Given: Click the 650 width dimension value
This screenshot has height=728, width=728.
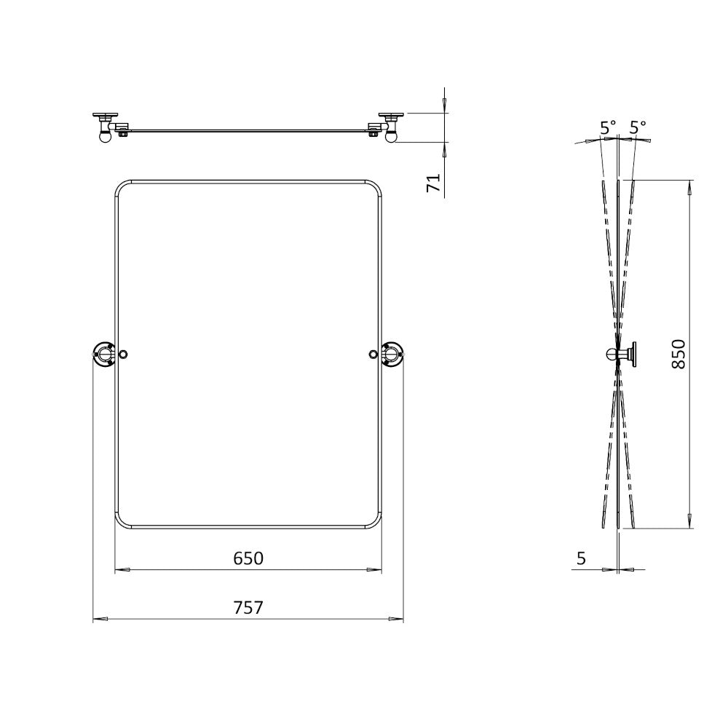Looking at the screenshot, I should coord(248,558).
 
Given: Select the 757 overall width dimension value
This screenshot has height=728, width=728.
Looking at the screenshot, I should coord(248,607).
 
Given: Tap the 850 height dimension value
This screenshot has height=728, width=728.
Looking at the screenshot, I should coord(678,354).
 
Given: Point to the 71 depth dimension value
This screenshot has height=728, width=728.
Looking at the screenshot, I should coord(434,183).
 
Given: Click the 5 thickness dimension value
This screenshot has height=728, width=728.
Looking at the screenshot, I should coord(581,558).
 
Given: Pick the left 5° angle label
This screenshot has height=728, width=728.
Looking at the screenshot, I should coord(608,127).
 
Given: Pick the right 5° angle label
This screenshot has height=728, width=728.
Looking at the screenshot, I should coord(638,127).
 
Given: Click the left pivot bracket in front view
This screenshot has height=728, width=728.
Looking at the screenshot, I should coord(104,355).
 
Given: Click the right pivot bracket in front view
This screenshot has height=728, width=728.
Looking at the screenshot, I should coord(392,355).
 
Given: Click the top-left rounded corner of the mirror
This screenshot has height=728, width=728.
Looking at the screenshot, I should coord(122,186).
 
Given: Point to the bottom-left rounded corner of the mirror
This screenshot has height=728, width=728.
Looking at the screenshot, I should coord(122,521).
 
